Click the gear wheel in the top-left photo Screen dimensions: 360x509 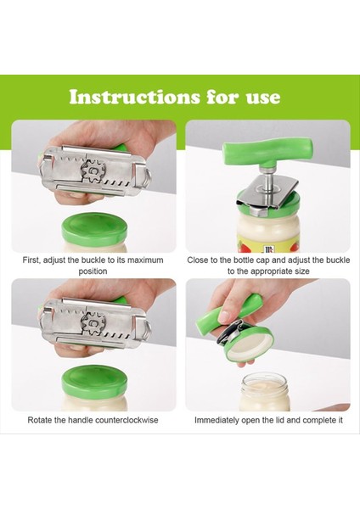[94, 171]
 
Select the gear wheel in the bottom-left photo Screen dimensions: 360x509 [94, 323]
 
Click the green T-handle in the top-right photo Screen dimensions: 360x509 [267, 152]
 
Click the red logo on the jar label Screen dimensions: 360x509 [268, 249]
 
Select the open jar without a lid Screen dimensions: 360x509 [265, 392]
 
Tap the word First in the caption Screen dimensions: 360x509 [31, 260]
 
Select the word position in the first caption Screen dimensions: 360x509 [93, 271]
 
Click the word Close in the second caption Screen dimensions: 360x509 [197, 260]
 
